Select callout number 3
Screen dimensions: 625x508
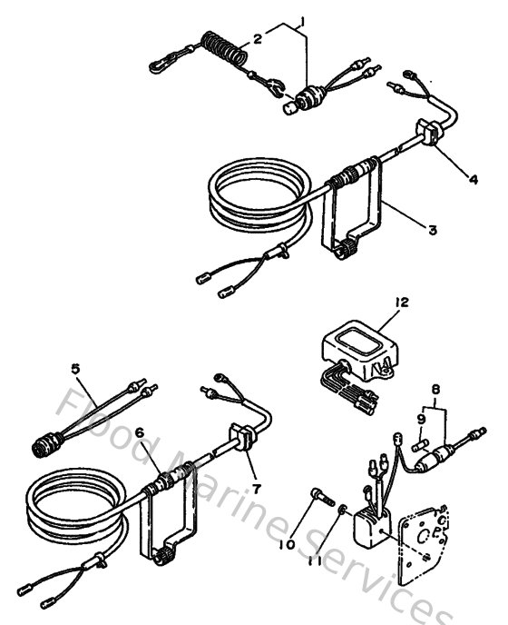432,231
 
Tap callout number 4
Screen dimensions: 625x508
474,179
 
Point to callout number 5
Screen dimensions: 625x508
76,369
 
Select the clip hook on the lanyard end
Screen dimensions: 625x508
162,64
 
